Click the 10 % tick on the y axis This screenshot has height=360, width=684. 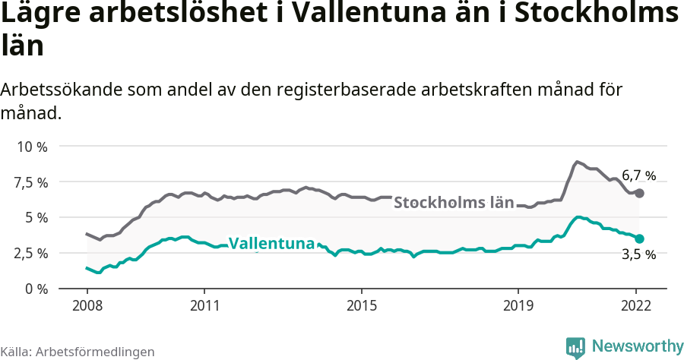[32, 147]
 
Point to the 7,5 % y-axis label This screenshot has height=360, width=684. [32, 182]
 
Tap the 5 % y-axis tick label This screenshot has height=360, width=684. [36, 217]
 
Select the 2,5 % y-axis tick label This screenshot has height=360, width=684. [32, 253]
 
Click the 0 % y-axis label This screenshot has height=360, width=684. [36, 289]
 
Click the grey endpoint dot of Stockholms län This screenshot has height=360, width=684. [640, 193]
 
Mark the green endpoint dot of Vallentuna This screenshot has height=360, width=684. [640, 238]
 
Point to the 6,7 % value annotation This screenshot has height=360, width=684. [638, 175]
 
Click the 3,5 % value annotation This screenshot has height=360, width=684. [638, 255]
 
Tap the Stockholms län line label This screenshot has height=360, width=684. [454, 203]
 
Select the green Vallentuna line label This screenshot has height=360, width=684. [271, 244]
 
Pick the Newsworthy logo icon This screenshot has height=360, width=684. [575, 347]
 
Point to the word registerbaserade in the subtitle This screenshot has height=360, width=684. [354, 90]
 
